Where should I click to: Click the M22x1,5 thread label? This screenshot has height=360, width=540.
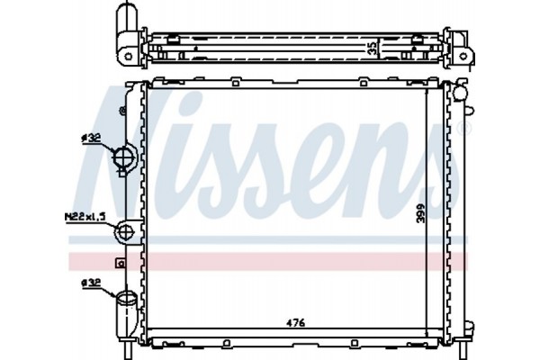pyautogui.click(x=86, y=217)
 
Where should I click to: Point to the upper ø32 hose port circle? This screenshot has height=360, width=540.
pyautogui.click(x=123, y=159)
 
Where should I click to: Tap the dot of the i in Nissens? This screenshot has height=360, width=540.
pyautogui.click(x=214, y=105)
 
